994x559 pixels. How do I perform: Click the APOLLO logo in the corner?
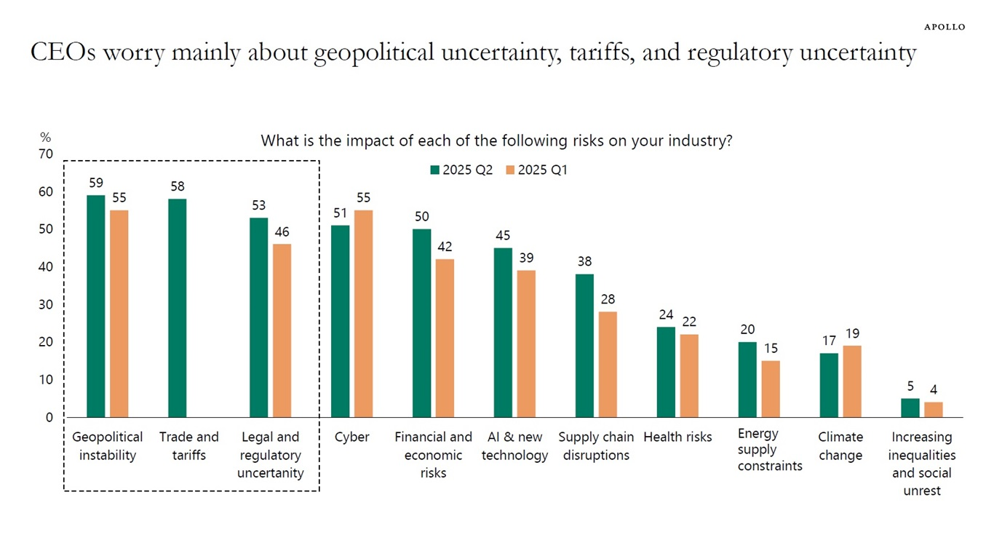pos(945,27)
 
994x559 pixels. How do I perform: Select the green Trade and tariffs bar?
pos(177,308)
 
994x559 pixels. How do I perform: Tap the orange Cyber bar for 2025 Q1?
pos(363,314)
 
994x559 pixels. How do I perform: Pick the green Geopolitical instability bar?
pos(95,306)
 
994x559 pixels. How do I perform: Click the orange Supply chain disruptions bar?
pos(608,365)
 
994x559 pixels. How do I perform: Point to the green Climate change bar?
pos(829,385)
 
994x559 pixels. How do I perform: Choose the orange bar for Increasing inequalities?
pos(933,410)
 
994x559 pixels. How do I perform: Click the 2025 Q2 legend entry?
pos(462,170)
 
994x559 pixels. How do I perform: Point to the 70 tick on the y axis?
pos(46,154)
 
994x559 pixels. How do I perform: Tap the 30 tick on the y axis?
pos(46,305)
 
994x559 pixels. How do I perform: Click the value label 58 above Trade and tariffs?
pos(178,186)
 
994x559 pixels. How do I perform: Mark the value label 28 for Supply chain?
pos(608,299)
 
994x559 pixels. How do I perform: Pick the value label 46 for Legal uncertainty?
pos(282,231)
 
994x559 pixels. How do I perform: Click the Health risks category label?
pos(677,437)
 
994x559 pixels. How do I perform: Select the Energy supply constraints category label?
pos(770,450)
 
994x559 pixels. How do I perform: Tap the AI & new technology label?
pos(514,446)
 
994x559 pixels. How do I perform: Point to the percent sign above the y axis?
pos(45,137)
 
